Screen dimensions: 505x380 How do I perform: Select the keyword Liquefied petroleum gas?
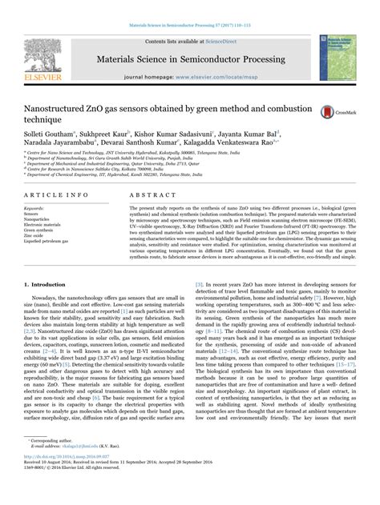[x=50, y=241]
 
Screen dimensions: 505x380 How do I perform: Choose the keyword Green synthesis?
[x=39, y=230]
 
